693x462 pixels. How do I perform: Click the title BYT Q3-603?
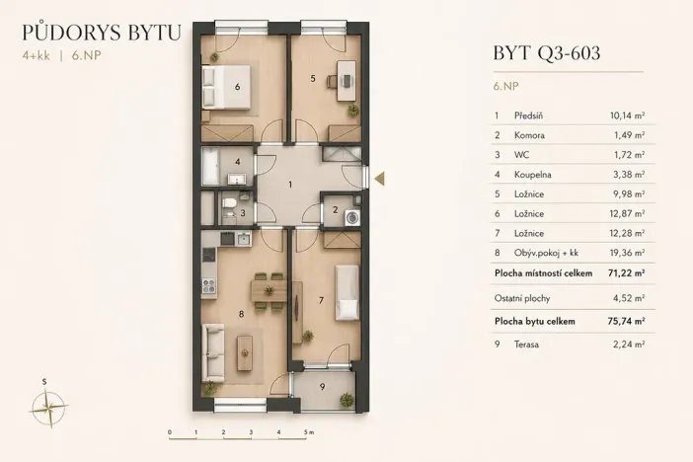pyautogui.click(x=545, y=54)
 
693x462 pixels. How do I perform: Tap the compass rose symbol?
pyautogui.click(x=47, y=402)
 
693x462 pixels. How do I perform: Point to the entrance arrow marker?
pyautogui.click(x=381, y=177)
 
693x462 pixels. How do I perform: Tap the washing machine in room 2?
pyautogui.click(x=353, y=219)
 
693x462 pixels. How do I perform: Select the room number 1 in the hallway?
pyautogui.click(x=289, y=185)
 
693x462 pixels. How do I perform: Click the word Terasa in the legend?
pyautogui.click(x=528, y=344)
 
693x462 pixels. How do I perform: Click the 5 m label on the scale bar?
pyautogui.click(x=309, y=432)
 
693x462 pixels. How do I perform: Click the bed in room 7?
pyautogui.click(x=346, y=290)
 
